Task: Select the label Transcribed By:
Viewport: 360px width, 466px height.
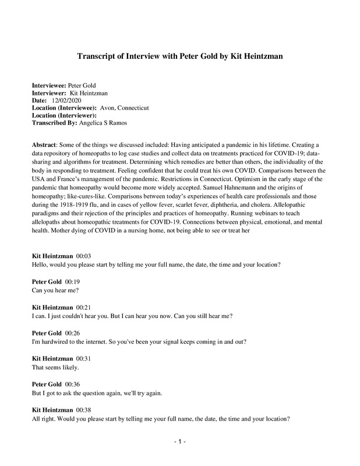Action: [54, 123]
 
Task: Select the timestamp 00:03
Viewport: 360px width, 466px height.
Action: [84, 256]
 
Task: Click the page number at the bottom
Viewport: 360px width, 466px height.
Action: [180, 442]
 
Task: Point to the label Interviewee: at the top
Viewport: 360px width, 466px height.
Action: [49, 86]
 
